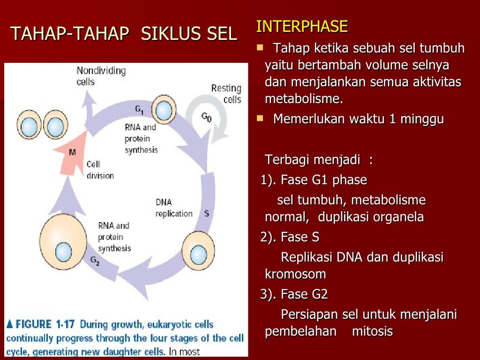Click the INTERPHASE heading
point(301,27)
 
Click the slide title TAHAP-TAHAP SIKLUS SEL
point(124,34)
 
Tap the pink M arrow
point(73,150)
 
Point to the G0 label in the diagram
point(206,117)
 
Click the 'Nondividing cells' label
point(101,76)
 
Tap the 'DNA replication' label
point(174,208)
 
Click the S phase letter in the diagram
point(206,213)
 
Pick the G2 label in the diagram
point(95,260)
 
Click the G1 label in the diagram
point(140,110)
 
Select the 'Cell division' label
point(100,170)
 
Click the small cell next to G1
point(164,111)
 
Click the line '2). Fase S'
point(290,237)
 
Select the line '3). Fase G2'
point(294,294)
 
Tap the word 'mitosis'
point(372,331)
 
